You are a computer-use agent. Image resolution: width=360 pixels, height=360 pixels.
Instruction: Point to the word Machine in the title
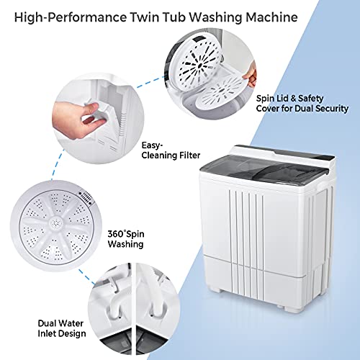click(307, 16)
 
